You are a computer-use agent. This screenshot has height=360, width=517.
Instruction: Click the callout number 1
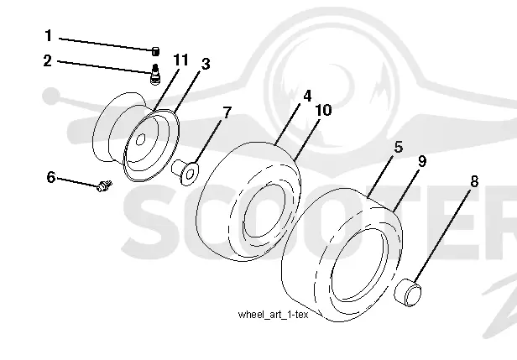[49, 35]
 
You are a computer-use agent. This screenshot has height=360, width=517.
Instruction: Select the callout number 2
[48, 60]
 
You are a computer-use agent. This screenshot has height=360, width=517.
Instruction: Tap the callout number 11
[180, 60]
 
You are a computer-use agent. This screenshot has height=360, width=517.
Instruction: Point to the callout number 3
[206, 64]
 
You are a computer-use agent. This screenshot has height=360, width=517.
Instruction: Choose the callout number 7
[227, 112]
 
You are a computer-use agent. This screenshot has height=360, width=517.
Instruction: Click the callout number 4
[307, 97]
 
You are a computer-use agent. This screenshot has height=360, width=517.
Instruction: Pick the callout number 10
[323, 110]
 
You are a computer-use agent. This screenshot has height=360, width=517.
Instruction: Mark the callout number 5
[399, 147]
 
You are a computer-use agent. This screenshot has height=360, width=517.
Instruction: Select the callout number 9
[421, 161]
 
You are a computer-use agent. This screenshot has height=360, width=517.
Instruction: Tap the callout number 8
[474, 181]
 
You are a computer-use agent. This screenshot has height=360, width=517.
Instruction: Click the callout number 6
[51, 177]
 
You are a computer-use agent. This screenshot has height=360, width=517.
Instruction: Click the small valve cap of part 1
[155, 51]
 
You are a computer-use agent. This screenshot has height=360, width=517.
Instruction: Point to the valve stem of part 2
[155, 74]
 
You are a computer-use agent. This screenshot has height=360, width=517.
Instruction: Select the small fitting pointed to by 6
[105, 186]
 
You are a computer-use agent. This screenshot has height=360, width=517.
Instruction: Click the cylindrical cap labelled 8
[408, 292]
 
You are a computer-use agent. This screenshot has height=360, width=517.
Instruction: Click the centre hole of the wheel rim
[140, 140]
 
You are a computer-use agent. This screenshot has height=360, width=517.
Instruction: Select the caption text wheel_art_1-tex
[273, 315]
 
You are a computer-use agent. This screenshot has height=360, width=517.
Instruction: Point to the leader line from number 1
[106, 44]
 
